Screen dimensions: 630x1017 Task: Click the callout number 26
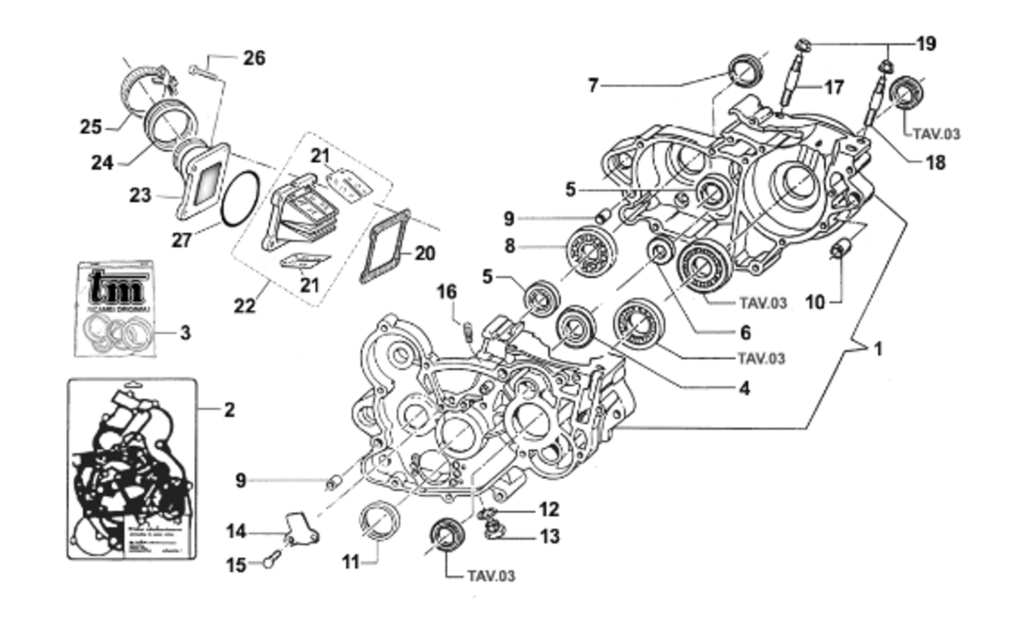pyautogui.click(x=253, y=58)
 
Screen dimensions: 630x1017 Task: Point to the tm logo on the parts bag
pyautogui.click(x=119, y=287)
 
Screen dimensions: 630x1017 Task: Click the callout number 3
pyautogui.click(x=185, y=332)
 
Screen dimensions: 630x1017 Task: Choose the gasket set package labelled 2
pyautogui.click(x=131, y=468)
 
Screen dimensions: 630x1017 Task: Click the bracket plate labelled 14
pyautogui.click(x=297, y=529)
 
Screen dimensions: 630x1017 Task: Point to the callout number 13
pyautogui.click(x=548, y=537)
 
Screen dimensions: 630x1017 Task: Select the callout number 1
pyautogui.click(x=878, y=348)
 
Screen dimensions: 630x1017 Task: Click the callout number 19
pyautogui.click(x=925, y=44)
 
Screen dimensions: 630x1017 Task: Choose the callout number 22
pyautogui.click(x=244, y=305)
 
